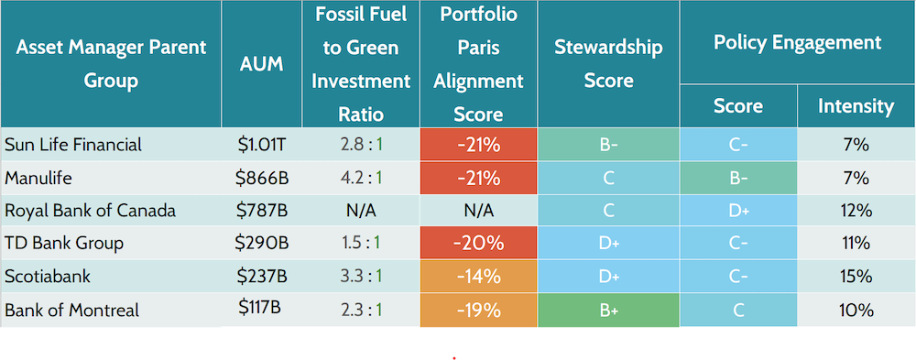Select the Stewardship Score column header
608,64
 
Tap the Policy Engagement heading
797,42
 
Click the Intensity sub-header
856,106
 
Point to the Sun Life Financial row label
73,144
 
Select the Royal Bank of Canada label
90,210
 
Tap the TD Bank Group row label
64,243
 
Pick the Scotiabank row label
49,276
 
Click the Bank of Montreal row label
72,310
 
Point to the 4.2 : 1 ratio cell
361,177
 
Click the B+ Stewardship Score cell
608,310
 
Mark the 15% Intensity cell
856,276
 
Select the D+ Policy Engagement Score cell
737,210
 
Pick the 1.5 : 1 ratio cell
361,243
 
